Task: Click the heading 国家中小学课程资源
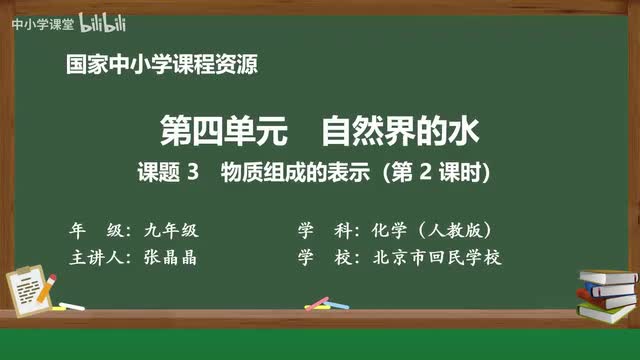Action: [160, 65]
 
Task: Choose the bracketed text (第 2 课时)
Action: [423, 171]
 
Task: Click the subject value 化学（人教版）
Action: [431, 228]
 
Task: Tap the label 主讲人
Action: [96, 256]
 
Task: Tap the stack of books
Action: [608, 293]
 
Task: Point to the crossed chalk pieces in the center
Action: [319, 302]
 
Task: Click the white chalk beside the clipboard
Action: [72, 305]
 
